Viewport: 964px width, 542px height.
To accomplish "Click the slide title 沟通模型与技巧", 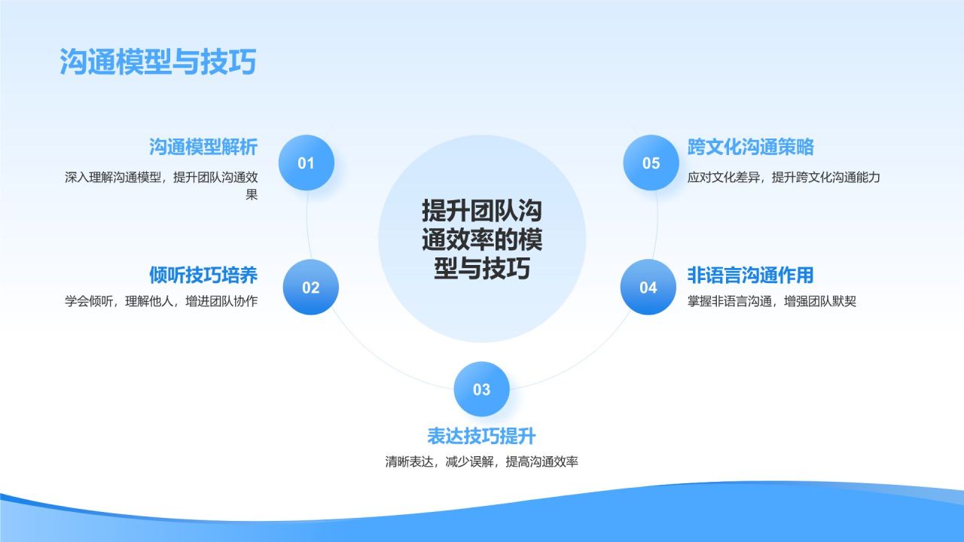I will tap(158, 62).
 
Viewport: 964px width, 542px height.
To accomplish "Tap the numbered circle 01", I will tap(307, 163).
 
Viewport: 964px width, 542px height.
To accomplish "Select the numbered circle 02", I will tap(311, 288).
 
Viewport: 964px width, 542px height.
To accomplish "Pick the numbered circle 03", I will tap(481, 389).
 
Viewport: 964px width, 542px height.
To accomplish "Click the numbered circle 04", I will tap(648, 288).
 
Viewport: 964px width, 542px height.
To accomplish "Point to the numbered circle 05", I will tap(651, 163).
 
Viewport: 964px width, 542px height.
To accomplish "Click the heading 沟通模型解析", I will tap(203, 147).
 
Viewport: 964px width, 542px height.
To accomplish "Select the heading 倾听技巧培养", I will tap(203, 276).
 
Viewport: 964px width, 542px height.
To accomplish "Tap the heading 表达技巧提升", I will tap(481, 437).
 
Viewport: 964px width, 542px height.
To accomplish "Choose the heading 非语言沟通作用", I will tap(750, 276).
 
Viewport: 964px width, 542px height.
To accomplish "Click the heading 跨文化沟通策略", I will tap(750, 147).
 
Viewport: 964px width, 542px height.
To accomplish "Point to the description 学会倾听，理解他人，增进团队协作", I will tap(161, 302).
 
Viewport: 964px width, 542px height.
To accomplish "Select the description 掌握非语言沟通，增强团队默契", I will tap(771, 302).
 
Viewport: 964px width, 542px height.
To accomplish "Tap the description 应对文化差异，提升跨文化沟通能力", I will tap(783, 178).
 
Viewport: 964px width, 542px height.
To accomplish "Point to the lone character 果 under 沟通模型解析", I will tap(252, 195).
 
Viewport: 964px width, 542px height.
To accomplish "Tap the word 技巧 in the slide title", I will tap(227, 62).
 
